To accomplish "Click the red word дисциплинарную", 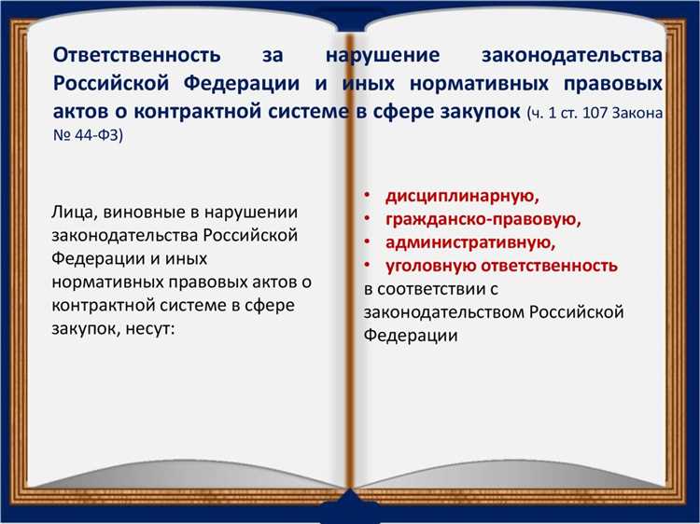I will click(463, 196).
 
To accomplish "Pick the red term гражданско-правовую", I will click(483, 219).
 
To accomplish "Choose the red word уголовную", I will click(424, 266).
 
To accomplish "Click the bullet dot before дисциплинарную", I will click(368, 196).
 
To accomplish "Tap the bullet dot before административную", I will click(368, 242).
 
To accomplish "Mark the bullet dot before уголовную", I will click(368, 266).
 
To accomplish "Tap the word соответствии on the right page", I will click(438, 289).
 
